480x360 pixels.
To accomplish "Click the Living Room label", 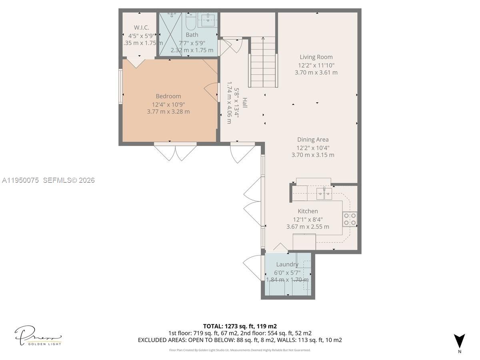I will [316, 57].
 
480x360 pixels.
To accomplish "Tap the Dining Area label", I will [313, 140].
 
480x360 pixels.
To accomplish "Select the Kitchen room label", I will [308, 211].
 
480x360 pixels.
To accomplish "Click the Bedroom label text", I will [168, 96].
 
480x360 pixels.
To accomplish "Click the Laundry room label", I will [287, 264].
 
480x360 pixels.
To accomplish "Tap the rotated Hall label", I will [244, 103].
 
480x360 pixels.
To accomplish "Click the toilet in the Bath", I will [190, 22].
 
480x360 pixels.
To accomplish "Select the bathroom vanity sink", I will [207, 19].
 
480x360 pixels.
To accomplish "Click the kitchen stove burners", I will [350, 219].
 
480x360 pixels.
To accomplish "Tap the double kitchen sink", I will [324, 194].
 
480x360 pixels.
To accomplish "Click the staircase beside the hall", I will [263, 62].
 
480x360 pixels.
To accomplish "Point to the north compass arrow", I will [460, 341].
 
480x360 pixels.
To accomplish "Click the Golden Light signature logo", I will [38, 336].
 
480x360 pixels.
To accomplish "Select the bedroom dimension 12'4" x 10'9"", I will [168, 104].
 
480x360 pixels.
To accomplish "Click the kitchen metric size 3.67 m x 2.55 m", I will [308, 227].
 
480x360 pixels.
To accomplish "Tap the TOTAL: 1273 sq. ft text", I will [240, 326].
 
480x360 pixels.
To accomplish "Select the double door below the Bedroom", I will [175, 152].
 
